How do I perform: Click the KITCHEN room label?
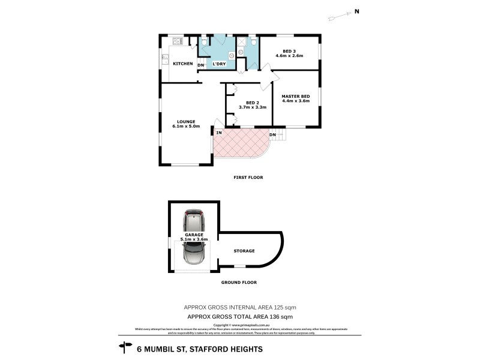click(x=183, y=64)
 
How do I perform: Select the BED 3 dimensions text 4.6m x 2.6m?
click(x=289, y=56)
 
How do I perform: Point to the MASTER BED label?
click(x=296, y=96)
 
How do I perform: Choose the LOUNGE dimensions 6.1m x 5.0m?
click(x=186, y=126)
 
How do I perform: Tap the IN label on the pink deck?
click(x=220, y=133)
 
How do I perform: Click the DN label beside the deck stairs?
click(x=272, y=134)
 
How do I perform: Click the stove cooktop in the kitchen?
click(x=177, y=41)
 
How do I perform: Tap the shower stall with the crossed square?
click(x=242, y=41)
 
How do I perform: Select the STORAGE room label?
click(x=244, y=251)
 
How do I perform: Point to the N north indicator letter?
click(x=356, y=11)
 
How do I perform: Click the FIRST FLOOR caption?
click(x=248, y=178)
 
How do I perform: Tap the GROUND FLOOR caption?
click(x=240, y=281)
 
